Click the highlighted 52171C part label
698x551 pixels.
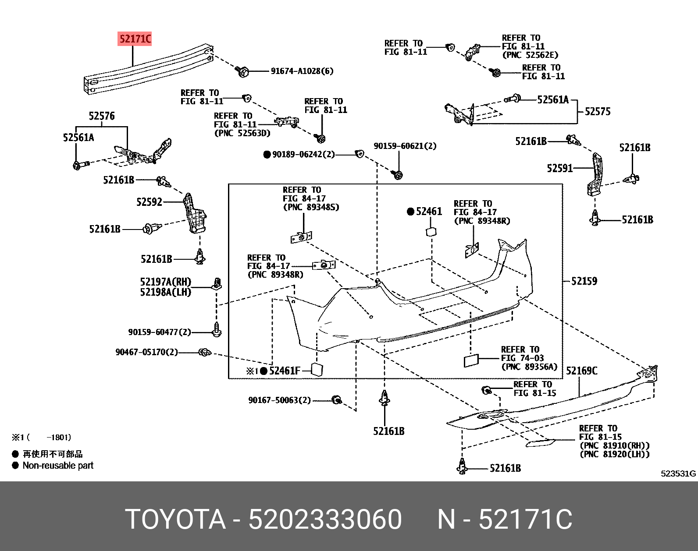(x=135, y=39)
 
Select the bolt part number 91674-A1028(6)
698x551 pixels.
(x=302, y=71)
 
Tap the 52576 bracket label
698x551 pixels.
(x=102, y=116)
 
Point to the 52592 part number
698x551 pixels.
(x=149, y=202)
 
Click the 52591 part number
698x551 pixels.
(x=559, y=168)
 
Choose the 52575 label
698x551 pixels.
(x=597, y=111)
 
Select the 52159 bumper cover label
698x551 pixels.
(x=584, y=281)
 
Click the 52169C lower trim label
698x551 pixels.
(x=581, y=371)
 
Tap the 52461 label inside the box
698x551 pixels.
(x=429, y=212)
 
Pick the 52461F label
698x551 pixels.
(x=285, y=371)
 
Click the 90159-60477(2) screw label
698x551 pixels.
(x=160, y=332)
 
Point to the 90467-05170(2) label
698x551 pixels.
(x=146, y=352)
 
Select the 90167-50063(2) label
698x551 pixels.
(x=279, y=400)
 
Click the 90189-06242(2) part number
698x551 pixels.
(x=303, y=155)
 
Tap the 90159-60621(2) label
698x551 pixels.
(x=405, y=146)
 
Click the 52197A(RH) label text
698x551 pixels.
(x=165, y=282)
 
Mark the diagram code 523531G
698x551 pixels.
(x=678, y=473)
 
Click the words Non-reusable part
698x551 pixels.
(x=58, y=466)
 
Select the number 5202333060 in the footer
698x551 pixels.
(x=325, y=519)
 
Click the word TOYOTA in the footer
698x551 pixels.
(x=175, y=519)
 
